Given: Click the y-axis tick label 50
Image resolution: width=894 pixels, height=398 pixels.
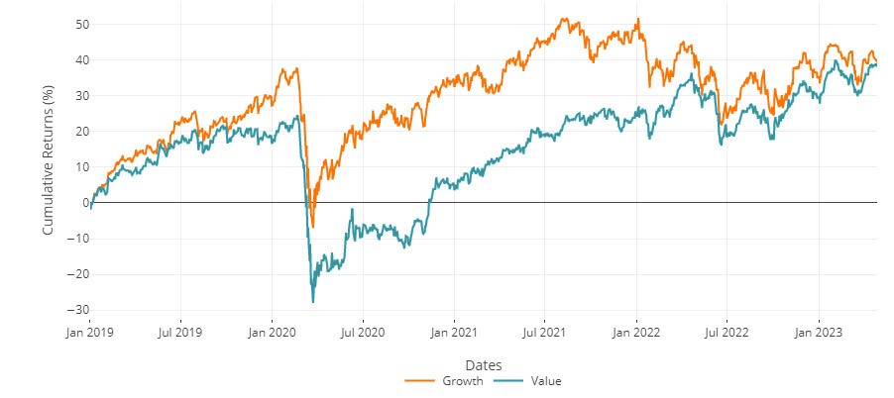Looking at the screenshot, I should pos(74,24).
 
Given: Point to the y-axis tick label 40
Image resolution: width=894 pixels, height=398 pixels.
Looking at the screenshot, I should pos(74,59).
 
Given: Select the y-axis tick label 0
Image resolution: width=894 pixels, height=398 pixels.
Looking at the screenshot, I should pos(78,202).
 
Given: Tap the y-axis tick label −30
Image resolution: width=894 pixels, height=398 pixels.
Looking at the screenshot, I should pos(71,309).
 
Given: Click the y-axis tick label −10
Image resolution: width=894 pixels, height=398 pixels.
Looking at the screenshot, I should pos(71,238).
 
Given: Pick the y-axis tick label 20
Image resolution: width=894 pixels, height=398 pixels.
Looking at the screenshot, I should pos(74,131).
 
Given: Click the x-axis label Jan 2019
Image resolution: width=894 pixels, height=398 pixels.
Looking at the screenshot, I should pos(90,332).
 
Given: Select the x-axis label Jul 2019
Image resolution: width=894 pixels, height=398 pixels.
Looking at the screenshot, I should pos(180,332).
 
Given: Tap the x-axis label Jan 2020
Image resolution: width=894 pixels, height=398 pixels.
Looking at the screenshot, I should pos(272,332).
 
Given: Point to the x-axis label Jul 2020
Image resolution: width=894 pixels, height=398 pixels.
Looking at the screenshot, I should pos(362,332).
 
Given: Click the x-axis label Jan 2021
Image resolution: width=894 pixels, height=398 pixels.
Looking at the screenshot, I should pos(454,332).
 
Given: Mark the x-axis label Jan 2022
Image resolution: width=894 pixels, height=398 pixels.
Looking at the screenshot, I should pos(635,332).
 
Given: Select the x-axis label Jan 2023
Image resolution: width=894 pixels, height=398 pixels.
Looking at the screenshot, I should pos(818,332).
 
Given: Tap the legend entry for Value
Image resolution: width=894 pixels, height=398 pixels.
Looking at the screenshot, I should pos(534,380).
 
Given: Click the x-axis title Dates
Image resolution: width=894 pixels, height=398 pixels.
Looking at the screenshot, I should pos(483,364).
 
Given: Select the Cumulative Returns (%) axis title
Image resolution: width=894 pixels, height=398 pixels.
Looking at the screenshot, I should pos(48,165).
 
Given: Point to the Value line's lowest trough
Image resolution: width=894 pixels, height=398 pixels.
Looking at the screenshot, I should pos(313,301).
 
